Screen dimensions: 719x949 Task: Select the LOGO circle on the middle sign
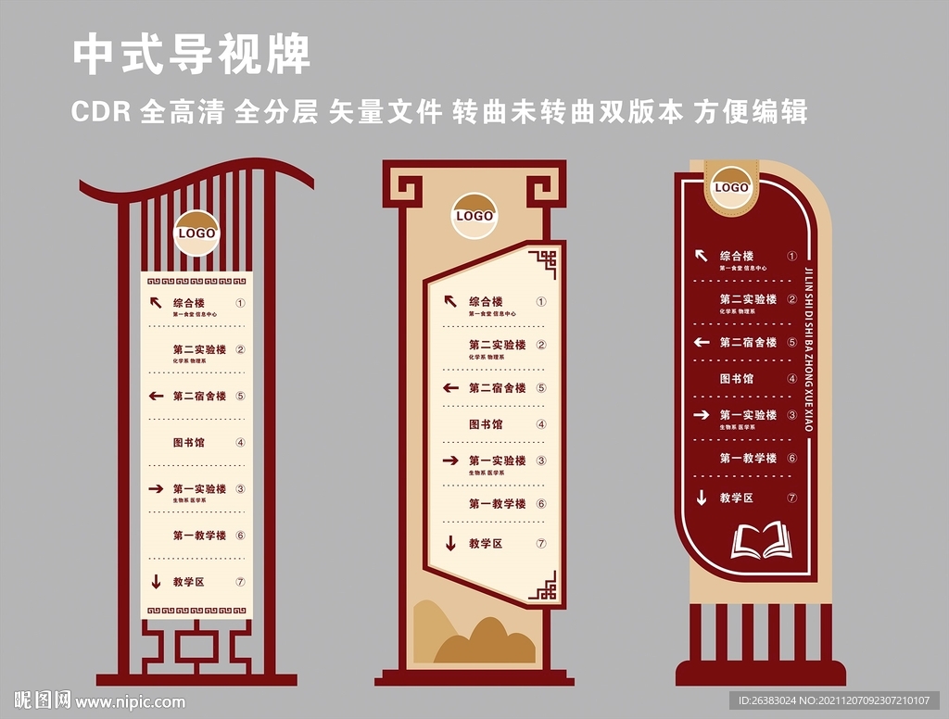(474, 216)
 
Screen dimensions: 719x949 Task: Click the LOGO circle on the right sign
(731, 188)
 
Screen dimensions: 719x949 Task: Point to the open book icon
(762, 542)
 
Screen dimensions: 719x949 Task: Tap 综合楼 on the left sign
(188, 303)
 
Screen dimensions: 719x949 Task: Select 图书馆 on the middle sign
(486, 424)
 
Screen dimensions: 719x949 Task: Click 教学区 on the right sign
(737, 498)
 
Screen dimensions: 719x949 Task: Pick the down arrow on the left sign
(157, 582)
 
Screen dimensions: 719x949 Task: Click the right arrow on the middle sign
(450, 460)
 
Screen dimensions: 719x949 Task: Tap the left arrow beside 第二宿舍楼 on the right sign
(702, 342)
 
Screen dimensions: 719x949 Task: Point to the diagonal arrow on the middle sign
(450, 301)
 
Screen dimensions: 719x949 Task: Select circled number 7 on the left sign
(240, 582)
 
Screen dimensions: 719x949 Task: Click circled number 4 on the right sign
(792, 378)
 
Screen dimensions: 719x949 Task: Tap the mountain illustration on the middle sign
(474, 636)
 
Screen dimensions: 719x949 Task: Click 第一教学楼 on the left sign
(199, 536)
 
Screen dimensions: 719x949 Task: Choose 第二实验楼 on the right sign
(748, 299)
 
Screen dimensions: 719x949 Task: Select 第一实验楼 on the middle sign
(497, 460)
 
